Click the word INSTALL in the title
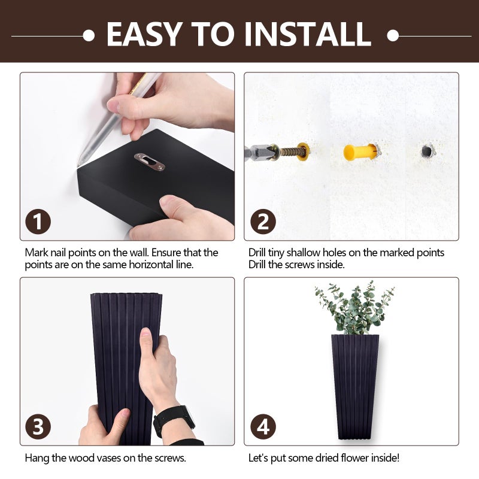click(x=308, y=34)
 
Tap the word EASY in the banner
click(x=143, y=34)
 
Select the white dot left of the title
click(x=89, y=35)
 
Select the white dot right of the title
click(x=393, y=35)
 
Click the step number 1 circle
click(x=38, y=222)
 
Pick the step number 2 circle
click(x=263, y=222)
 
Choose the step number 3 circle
click(x=38, y=426)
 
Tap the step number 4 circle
click(x=263, y=426)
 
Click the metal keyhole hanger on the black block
click(x=149, y=162)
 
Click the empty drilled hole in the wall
click(x=426, y=151)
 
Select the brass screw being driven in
click(x=290, y=151)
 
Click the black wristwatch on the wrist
click(x=174, y=421)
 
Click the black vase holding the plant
click(x=355, y=386)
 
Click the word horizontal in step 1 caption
click(x=151, y=265)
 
